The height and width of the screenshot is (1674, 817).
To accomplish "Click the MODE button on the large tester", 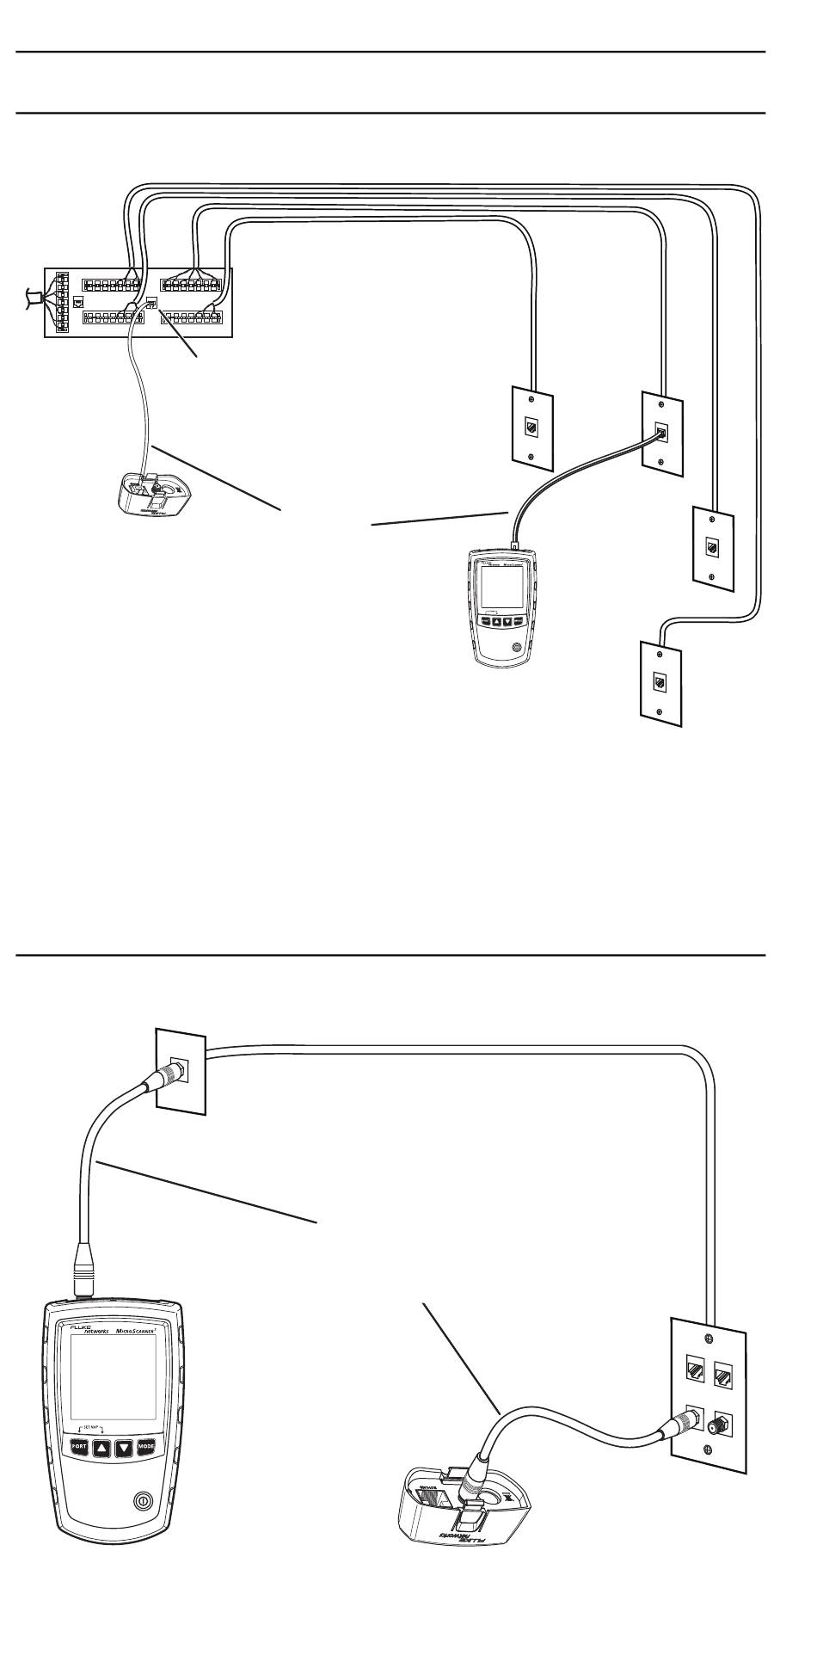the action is (x=149, y=1447).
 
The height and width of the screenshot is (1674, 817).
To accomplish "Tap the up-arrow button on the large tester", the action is (x=102, y=1447).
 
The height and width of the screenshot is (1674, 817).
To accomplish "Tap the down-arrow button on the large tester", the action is (x=126, y=1447).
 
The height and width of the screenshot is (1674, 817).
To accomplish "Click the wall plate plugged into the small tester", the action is (x=661, y=434).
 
